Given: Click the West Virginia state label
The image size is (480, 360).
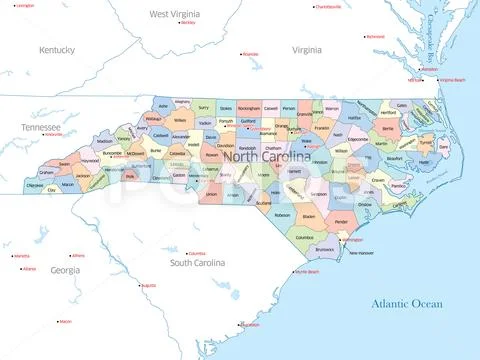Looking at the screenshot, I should point(171,14).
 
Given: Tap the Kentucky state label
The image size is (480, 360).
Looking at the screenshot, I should point(57,49).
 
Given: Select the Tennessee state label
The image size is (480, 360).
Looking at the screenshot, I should point(40,128).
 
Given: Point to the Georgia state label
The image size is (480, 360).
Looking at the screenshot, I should point(65,270).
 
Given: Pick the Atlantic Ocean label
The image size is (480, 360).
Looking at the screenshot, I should point(405,302).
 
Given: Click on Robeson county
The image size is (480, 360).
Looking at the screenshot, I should point(282,214).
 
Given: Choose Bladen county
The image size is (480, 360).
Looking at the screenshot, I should point(309,217).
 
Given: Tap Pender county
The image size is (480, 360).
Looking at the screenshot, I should point(341,222).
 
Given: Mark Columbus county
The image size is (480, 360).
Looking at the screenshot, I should point(304,237).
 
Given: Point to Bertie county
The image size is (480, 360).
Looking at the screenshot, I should point(388,129).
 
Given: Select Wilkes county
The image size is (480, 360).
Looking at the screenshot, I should point(180,121).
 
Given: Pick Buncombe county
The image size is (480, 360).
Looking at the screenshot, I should point(112,153).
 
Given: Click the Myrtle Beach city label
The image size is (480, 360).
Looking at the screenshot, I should point(307,271).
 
